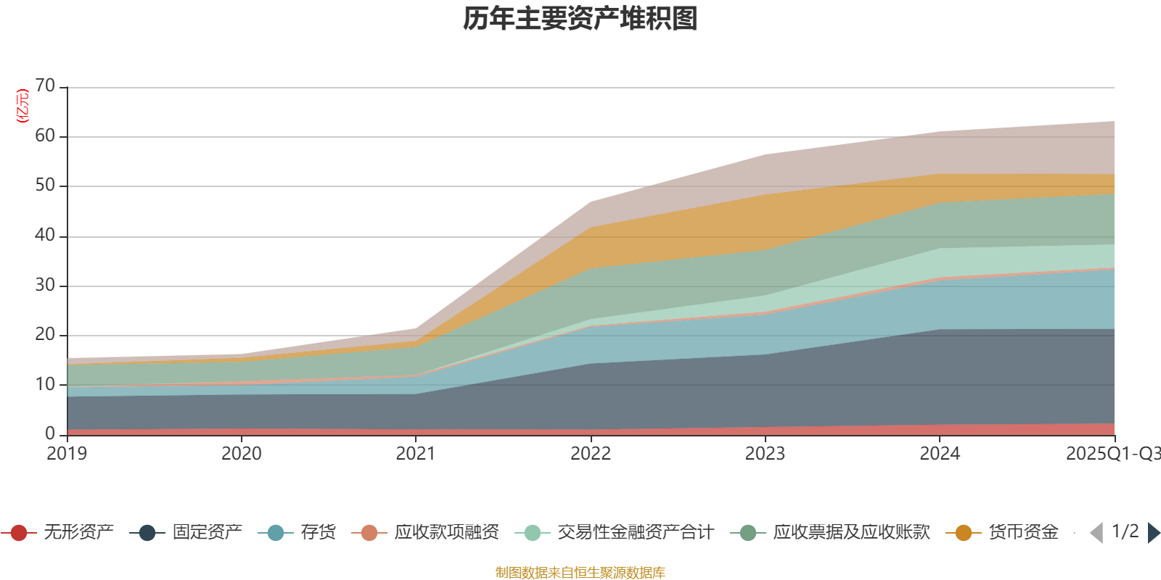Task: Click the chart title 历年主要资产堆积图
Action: [580, 19]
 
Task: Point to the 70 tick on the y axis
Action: [45, 86]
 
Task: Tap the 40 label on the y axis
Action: [45, 235]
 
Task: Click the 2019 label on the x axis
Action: [67, 454]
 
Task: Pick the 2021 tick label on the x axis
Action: [416, 454]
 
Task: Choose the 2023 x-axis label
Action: [765, 454]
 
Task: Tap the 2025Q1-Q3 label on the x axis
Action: [1112, 454]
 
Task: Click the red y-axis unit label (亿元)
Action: [22, 106]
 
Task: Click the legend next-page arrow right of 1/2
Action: [1153, 533]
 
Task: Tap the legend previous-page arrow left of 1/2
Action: [1096, 533]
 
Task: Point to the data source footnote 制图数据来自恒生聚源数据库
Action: [580, 573]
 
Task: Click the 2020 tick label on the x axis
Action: [241, 454]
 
